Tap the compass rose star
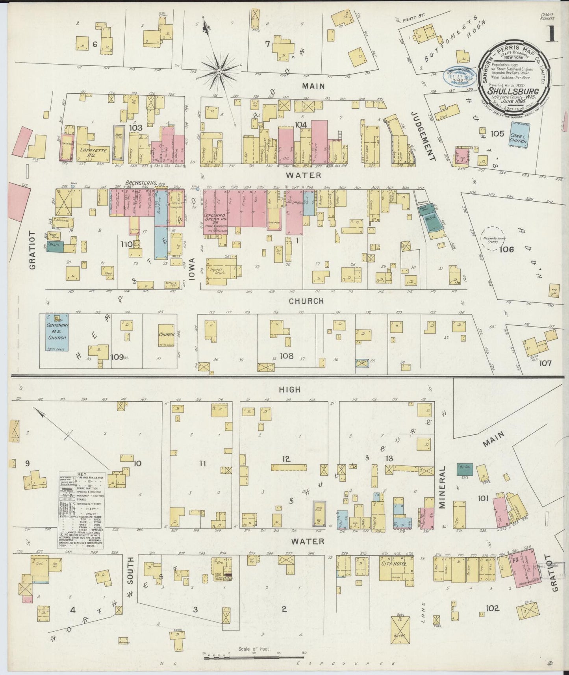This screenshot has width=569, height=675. (x=219, y=71)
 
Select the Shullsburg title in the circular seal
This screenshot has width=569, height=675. (x=513, y=91)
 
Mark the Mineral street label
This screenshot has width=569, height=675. (x=443, y=487)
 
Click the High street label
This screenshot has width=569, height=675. (x=289, y=389)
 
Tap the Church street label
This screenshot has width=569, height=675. (x=306, y=301)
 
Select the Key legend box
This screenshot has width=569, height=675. (x=82, y=510)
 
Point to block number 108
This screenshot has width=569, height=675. (x=286, y=356)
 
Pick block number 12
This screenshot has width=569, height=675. (x=286, y=458)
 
